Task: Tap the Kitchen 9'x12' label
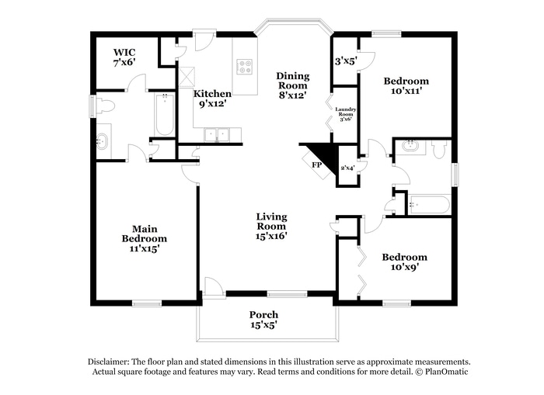click(x=212, y=98)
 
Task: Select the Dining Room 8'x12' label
click(x=293, y=85)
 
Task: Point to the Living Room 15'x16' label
click(x=272, y=226)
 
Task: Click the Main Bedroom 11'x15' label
click(x=145, y=238)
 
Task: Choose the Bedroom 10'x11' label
click(x=406, y=85)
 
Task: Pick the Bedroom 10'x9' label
click(x=404, y=262)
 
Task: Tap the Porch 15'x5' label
click(x=263, y=320)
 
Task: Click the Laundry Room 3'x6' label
click(x=345, y=114)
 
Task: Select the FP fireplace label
click(x=317, y=165)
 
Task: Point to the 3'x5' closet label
click(x=344, y=61)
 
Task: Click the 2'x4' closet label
click(x=347, y=167)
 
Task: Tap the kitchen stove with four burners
click(x=245, y=66)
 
